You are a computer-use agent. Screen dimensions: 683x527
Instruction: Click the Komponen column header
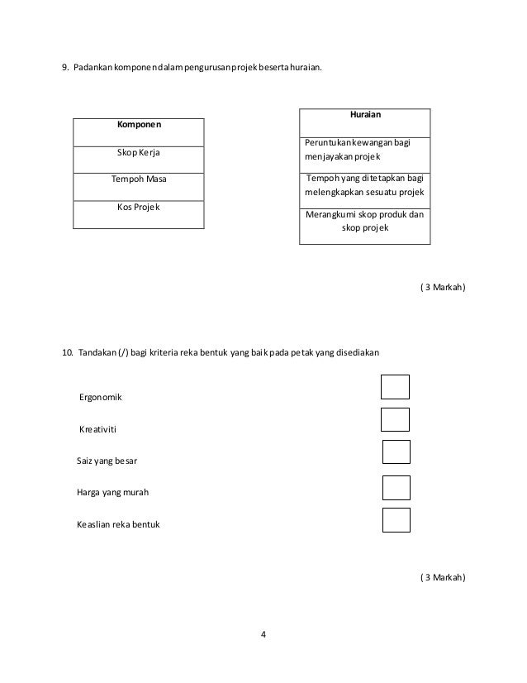[x=139, y=125]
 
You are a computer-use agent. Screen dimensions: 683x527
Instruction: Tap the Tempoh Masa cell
[x=139, y=179]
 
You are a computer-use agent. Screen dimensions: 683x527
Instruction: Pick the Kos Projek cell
[x=139, y=206]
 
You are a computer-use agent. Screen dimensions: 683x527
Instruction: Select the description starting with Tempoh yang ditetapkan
[x=364, y=184]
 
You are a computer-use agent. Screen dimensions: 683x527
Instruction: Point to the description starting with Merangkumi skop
[x=364, y=221]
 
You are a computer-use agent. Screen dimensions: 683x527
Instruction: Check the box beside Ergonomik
[x=396, y=387]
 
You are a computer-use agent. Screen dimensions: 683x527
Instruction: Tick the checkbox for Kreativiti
[x=396, y=419]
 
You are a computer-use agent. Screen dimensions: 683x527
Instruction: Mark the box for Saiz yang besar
[x=396, y=452]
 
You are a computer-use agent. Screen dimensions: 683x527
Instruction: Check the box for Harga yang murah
[x=396, y=488]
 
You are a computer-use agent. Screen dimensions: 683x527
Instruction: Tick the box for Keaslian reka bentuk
[x=396, y=520]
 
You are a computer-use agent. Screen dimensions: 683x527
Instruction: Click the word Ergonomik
[x=100, y=398]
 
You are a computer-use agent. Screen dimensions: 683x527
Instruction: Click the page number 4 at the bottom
[x=263, y=635]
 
